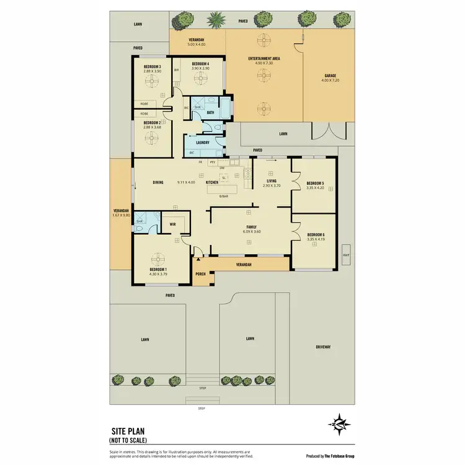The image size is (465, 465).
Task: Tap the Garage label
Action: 329,76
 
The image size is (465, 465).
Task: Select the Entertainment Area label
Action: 264,58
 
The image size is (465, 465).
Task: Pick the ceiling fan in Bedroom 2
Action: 153,135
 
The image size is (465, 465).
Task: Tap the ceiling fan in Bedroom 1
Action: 156,259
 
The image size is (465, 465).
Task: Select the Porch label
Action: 200,274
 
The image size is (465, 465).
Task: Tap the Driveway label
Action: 324,347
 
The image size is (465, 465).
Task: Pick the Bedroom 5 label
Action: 316,183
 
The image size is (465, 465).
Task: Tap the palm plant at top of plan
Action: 216,21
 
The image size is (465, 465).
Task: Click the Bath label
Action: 211,112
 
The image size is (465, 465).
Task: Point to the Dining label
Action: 158,182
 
